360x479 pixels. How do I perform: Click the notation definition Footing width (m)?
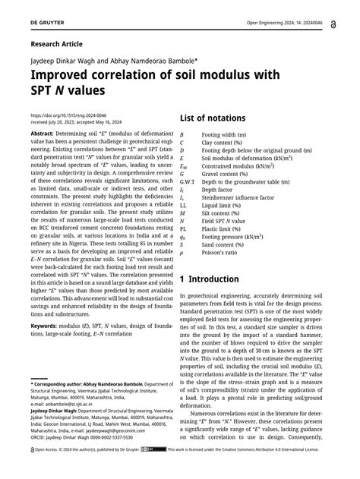click(x=226, y=134)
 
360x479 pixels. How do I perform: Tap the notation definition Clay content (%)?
click(x=226, y=142)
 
